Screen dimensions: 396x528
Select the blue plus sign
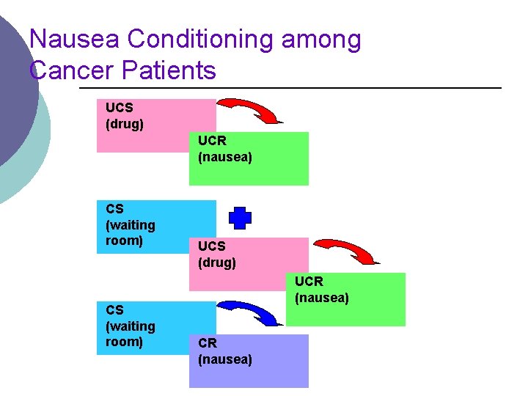(x=240, y=218)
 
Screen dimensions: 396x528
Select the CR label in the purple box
(x=207, y=343)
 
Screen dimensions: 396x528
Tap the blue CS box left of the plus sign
(x=156, y=227)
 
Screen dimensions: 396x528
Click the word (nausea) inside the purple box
(x=225, y=359)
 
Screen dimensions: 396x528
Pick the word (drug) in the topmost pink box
(x=125, y=124)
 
